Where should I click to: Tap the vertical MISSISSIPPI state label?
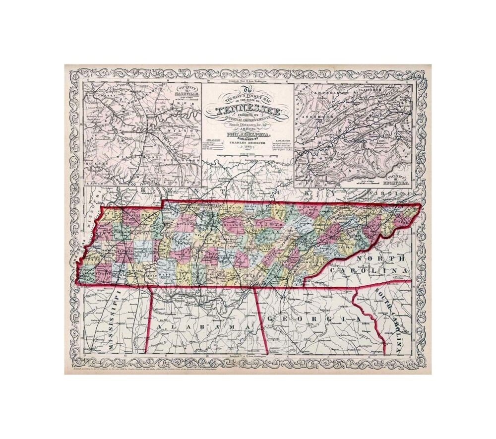click(115, 317)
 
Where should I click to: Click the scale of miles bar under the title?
click(247, 157)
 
